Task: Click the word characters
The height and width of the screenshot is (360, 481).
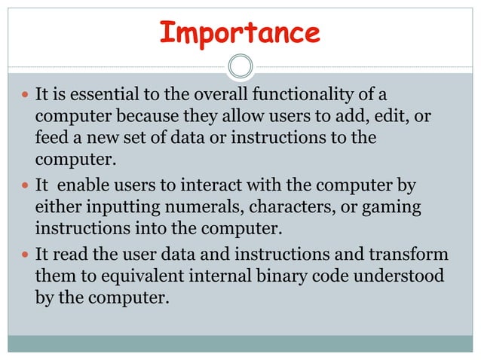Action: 285,207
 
